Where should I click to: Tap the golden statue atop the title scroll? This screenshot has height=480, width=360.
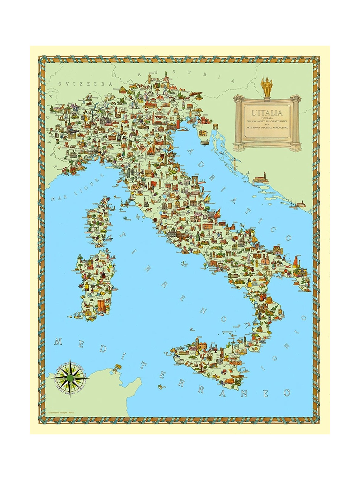coord(265,86)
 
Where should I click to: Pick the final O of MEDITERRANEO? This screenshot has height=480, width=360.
coord(286,392)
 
